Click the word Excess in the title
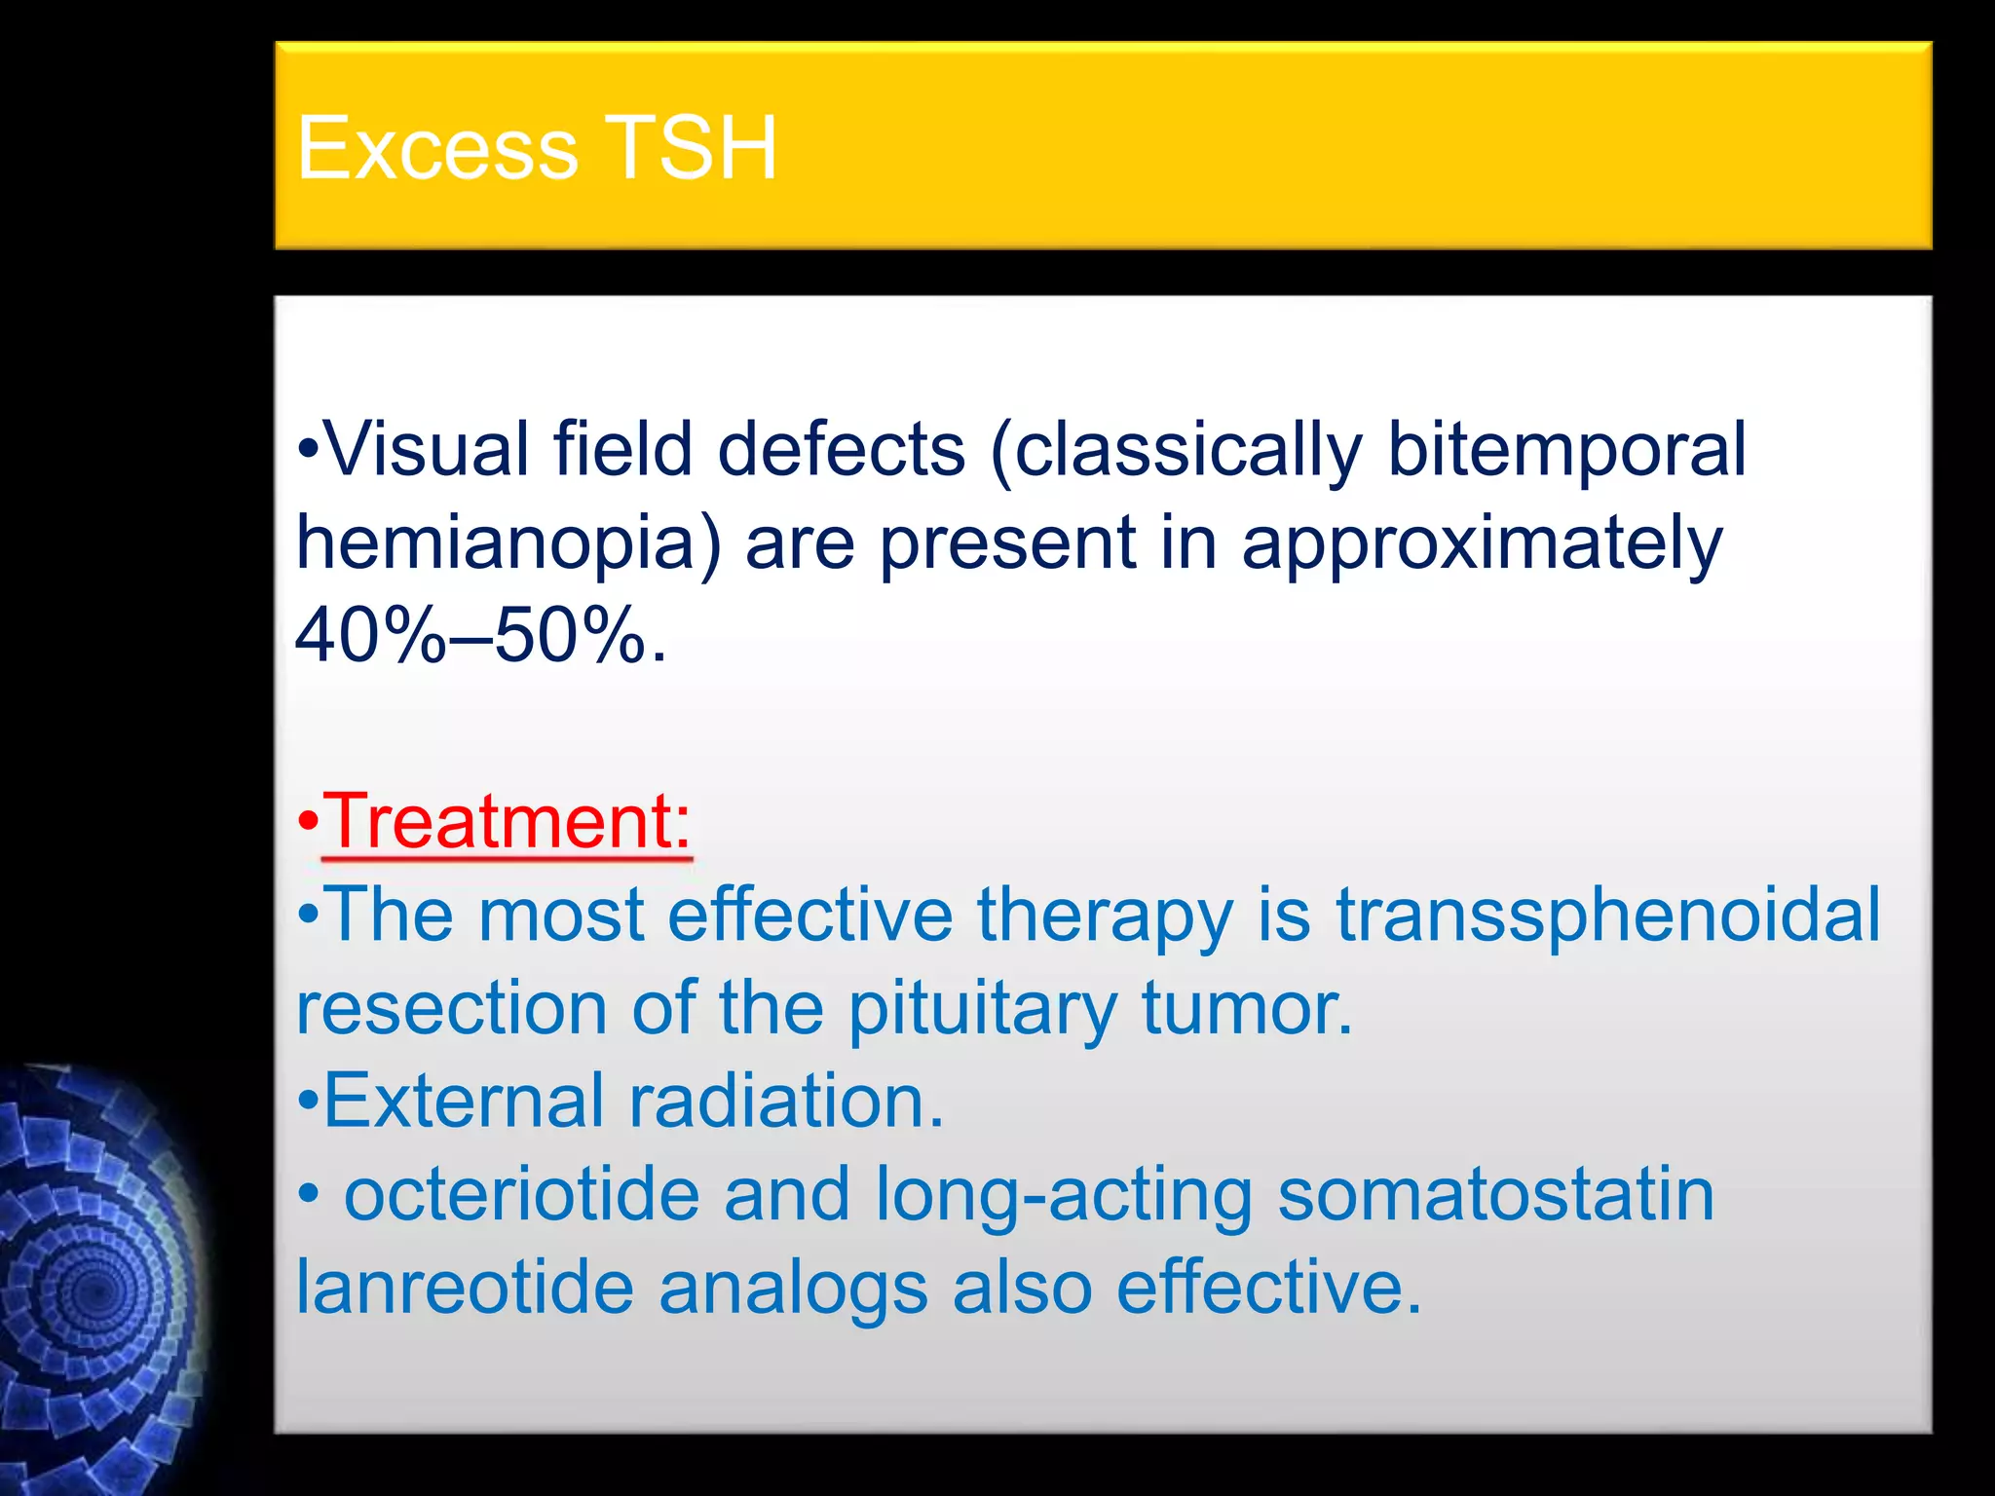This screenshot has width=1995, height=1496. click(x=437, y=148)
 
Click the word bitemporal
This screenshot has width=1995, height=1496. click(x=1566, y=449)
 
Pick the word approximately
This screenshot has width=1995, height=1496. click(x=1481, y=543)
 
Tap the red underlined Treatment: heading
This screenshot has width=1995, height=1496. click(x=507, y=821)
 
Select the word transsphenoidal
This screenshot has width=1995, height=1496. click(x=1607, y=915)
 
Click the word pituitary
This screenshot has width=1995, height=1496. click(x=982, y=1008)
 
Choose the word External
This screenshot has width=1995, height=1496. click(x=464, y=1101)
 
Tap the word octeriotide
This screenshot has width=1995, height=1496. click(x=522, y=1194)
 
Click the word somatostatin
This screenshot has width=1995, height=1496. click(x=1495, y=1194)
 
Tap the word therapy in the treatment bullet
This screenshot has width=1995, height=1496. click(x=1105, y=916)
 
